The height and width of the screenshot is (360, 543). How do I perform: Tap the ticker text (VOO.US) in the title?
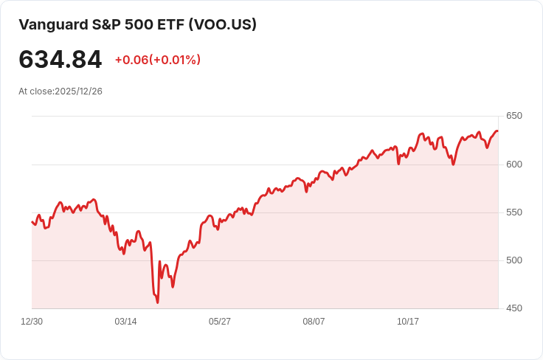(222, 24)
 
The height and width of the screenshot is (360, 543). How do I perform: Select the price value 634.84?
(60, 60)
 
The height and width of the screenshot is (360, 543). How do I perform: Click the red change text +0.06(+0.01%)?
(158, 60)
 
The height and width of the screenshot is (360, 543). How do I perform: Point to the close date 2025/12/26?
(77, 91)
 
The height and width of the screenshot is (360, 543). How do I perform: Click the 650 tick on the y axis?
(513, 116)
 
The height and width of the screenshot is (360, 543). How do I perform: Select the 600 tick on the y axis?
(513, 164)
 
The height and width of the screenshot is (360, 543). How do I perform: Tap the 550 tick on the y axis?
(513, 212)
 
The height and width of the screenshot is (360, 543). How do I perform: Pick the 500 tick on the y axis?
(513, 260)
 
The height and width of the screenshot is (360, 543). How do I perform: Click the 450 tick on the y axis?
(513, 308)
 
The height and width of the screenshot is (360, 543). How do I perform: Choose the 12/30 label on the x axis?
(32, 322)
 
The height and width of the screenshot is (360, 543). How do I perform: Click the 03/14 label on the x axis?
(125, 322)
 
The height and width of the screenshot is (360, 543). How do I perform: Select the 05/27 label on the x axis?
(220, 322)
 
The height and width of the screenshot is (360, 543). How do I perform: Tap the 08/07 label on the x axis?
(314, 322)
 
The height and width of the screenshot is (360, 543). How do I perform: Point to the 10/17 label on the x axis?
(408, 322)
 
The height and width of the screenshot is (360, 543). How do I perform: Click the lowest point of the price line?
(158, 302)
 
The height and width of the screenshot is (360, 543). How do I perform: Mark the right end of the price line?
(498, 131)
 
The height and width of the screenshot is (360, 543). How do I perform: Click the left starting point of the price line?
(32, 221)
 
